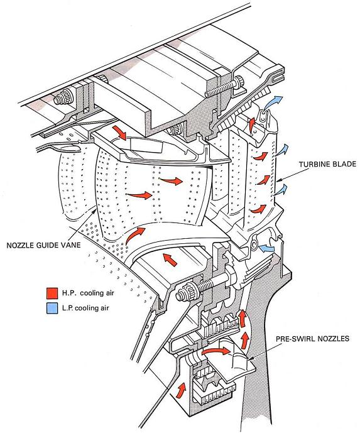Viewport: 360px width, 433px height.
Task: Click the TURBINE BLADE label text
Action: tap(327, 164)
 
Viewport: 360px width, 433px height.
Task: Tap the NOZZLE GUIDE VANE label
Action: tap(43, 245)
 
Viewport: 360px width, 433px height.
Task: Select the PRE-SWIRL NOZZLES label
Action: tap(312, 338)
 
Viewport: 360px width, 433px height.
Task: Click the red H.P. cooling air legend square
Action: tap(52, 293)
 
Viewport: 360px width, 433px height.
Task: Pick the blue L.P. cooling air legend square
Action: tap(52, 308)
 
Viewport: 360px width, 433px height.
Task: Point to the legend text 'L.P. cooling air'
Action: tap(85, 308)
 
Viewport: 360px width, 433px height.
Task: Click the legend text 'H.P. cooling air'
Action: tap(88, 293)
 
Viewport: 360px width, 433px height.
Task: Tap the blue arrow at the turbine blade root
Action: tap(267, 248)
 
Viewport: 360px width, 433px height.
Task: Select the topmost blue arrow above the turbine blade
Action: tap(273, 102)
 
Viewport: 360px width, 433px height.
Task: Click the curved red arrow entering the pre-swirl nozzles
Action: tap(215, 351)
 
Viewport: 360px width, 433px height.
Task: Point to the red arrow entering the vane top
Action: tap(120, 133)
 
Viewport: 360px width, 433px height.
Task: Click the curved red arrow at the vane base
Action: tap(134, 235)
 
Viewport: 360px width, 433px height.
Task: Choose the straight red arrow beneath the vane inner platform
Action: tap(170, 260)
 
